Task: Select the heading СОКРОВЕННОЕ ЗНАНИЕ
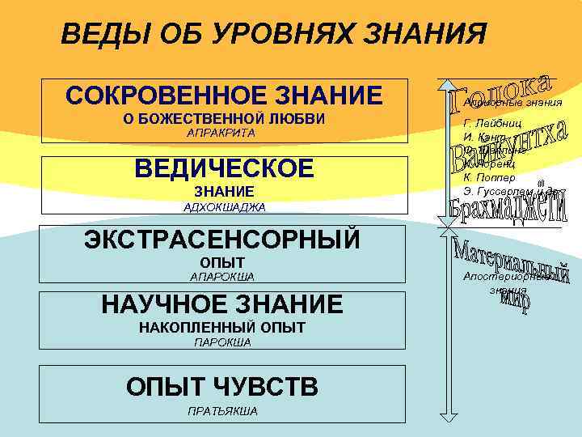click(224, 95)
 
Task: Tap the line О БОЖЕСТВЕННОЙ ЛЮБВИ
click(223, 120)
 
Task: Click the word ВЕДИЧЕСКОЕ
click(224, 168)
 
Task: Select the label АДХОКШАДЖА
click(225, 207)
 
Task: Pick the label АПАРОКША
click(221, 278)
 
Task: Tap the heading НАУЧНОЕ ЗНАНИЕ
click(222, 304)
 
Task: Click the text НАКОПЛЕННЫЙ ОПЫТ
click(222, 328)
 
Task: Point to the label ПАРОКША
click(222, 342)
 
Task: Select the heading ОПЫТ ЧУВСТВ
click(222, 386)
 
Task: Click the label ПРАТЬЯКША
click(222, 411)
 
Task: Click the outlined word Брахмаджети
click(506, 203)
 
